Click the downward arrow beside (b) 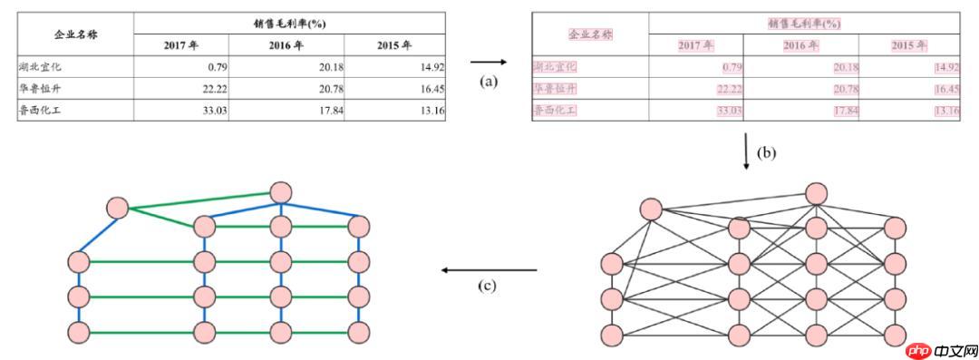pyautogui.click(x=746, y=153)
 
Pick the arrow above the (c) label pyautogui.click(x=489, y=269)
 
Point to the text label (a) pyautogui.click(x=489, y=81)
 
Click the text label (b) pyautogui.click(x=767, y=152)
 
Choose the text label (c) pyautogui.click(x=489, y=286)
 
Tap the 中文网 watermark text pyautogui.click(x=954, y=348)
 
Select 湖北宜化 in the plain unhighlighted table pyautogui.click(x=40, y=66)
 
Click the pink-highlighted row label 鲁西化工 pyautogui.click(x=555, y=111)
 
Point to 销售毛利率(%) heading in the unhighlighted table pyautogui.click(x=289, y=22)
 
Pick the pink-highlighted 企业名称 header pyautogui.click(x=590, y=34)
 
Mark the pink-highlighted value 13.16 pyautogui.click(x=945, y=111)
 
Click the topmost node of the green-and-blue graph pyautogui.click(x=280, y=192)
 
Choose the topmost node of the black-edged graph pyautogui.click(x=816, y=192)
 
